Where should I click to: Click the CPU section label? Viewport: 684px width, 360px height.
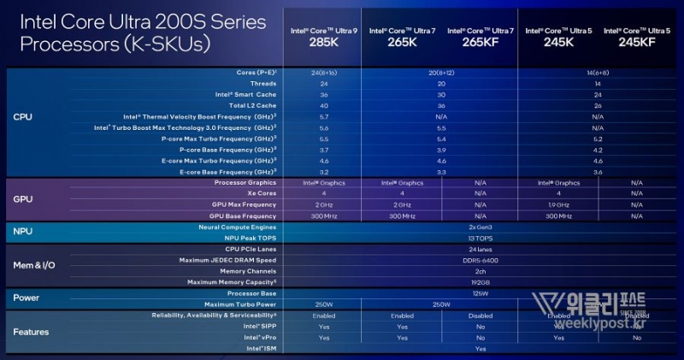[23, 116]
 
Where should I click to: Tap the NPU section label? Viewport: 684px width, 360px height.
[23, 232]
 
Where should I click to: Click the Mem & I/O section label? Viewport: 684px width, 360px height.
[34, 265]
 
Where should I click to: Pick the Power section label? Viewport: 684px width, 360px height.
[27, 298]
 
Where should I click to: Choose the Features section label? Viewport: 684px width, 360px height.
[32, 332]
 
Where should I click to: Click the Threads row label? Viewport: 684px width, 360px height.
[262, 84]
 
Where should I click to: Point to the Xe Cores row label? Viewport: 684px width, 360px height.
[257, 194]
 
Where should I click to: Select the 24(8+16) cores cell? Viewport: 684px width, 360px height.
[323, 74]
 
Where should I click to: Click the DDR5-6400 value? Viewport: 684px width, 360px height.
[479, 260]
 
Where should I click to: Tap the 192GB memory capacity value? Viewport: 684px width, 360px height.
[479, 282]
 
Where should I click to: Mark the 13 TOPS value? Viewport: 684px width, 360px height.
[479, 238]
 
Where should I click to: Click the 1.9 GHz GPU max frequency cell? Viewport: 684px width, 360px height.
[557, 205]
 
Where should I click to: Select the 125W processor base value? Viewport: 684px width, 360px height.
[479, 293]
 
